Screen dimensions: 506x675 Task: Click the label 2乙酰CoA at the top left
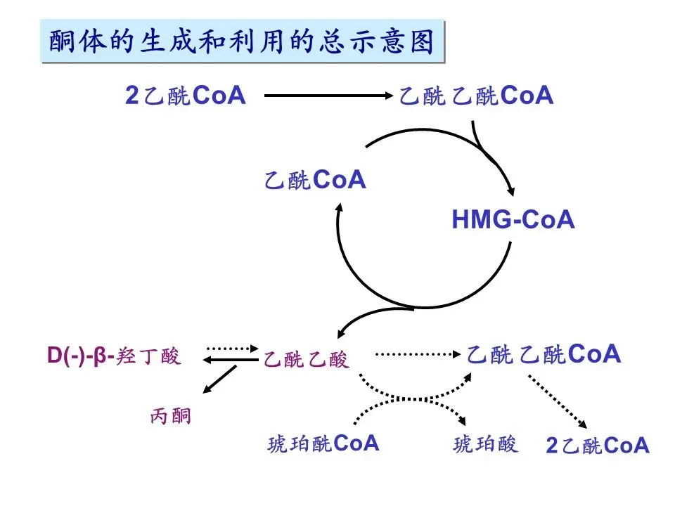(x=186, y=96)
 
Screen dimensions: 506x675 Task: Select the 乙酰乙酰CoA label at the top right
(x=477, y=96)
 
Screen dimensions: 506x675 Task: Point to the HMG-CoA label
(x=513, y=220)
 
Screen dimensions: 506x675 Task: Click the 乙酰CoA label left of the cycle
(x=316, y=180)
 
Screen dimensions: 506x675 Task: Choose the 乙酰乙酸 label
(x=306, y=360)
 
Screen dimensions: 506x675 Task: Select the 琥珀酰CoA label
(x=323, y=443)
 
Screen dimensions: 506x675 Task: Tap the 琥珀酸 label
(x=486, y=443)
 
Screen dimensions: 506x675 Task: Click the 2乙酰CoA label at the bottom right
(x=598, y=446)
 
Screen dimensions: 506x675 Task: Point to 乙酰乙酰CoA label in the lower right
(x=544, y=354)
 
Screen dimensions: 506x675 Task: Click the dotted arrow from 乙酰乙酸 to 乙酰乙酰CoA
(x=418, y=354)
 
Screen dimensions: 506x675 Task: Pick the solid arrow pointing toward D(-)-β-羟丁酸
(x=229, y=360)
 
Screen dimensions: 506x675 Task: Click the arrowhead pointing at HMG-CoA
(x=513, y=191)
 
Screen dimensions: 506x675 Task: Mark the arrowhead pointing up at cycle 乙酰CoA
(x=339, y=208)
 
